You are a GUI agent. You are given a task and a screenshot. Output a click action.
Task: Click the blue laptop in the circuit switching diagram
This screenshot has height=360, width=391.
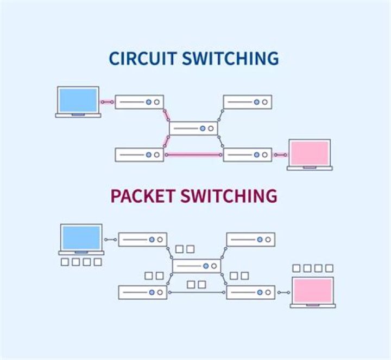(78, 101)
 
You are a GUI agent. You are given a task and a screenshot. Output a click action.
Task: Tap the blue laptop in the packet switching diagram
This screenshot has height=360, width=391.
(81, 239)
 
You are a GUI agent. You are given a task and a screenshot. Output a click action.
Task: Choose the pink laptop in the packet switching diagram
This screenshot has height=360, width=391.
(312, 292)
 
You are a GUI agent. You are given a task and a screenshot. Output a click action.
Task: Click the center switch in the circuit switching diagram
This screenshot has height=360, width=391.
(193, 128)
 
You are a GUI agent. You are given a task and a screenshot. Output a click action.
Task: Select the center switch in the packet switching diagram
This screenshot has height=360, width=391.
(197, 266)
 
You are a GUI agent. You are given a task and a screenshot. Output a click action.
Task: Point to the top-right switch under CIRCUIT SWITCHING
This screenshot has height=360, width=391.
(247, 101)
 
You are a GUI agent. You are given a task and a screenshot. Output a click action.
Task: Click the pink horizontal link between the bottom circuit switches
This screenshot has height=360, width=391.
(193, 155)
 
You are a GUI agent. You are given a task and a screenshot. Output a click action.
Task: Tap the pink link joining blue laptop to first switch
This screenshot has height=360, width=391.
(108, 101)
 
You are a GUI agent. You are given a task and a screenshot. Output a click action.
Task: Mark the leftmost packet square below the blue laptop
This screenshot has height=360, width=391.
(65, 262)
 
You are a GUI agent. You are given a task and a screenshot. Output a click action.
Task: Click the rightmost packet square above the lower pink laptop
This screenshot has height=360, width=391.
(329, 268)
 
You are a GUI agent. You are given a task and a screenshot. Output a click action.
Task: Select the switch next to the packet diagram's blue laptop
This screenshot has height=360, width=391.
(142, 239)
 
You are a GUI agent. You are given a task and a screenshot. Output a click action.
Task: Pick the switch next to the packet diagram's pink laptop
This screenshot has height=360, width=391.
(250, 292)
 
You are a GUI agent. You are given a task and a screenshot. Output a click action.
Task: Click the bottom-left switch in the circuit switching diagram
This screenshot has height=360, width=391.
(140, 155)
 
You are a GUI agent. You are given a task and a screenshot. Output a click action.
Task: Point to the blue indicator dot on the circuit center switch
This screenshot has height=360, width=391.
(203, 128)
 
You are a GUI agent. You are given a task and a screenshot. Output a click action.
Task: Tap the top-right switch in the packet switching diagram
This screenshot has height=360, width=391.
(250, 239)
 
